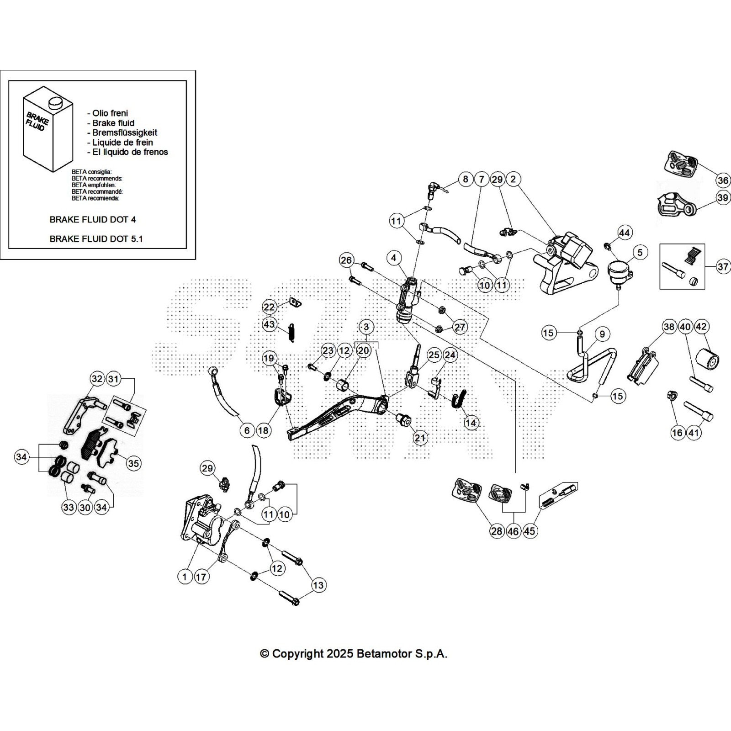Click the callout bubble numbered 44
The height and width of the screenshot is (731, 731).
pyautogui.click(x=624, y=233)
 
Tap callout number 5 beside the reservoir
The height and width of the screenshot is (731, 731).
pyautogui.click(x=640, y=252)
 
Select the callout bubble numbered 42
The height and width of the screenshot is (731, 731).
pyautogui.click(x=701, y=327)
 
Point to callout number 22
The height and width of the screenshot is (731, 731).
pyautogui.click(x=269, y=307)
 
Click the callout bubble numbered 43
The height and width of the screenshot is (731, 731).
pyautogui.click(x=269, y=324)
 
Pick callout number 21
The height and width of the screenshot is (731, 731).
pyautogui.click(x=419, y=438)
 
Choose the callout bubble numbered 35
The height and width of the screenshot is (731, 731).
pyautogui.click(x=133, y=463)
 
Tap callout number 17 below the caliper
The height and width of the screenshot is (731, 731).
pyautogui.click(x=201, y=577)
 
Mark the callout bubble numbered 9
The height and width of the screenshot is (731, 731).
pyautogui.click(x=602, y=334)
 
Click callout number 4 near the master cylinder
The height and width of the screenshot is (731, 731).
pyautogui.click(x=394, y=258)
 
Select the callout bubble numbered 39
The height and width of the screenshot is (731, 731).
pyautogui.click(x=723, y=198)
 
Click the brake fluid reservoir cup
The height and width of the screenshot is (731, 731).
pyautogui.click(x=619, y=270)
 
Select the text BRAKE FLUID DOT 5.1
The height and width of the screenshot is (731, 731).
pyautogui.click(x=96, y=238)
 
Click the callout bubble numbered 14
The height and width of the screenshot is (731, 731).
pyautogui.click(x=471, y=423)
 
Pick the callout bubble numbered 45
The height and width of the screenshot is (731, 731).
pyautogui.click(x=530, y=531)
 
